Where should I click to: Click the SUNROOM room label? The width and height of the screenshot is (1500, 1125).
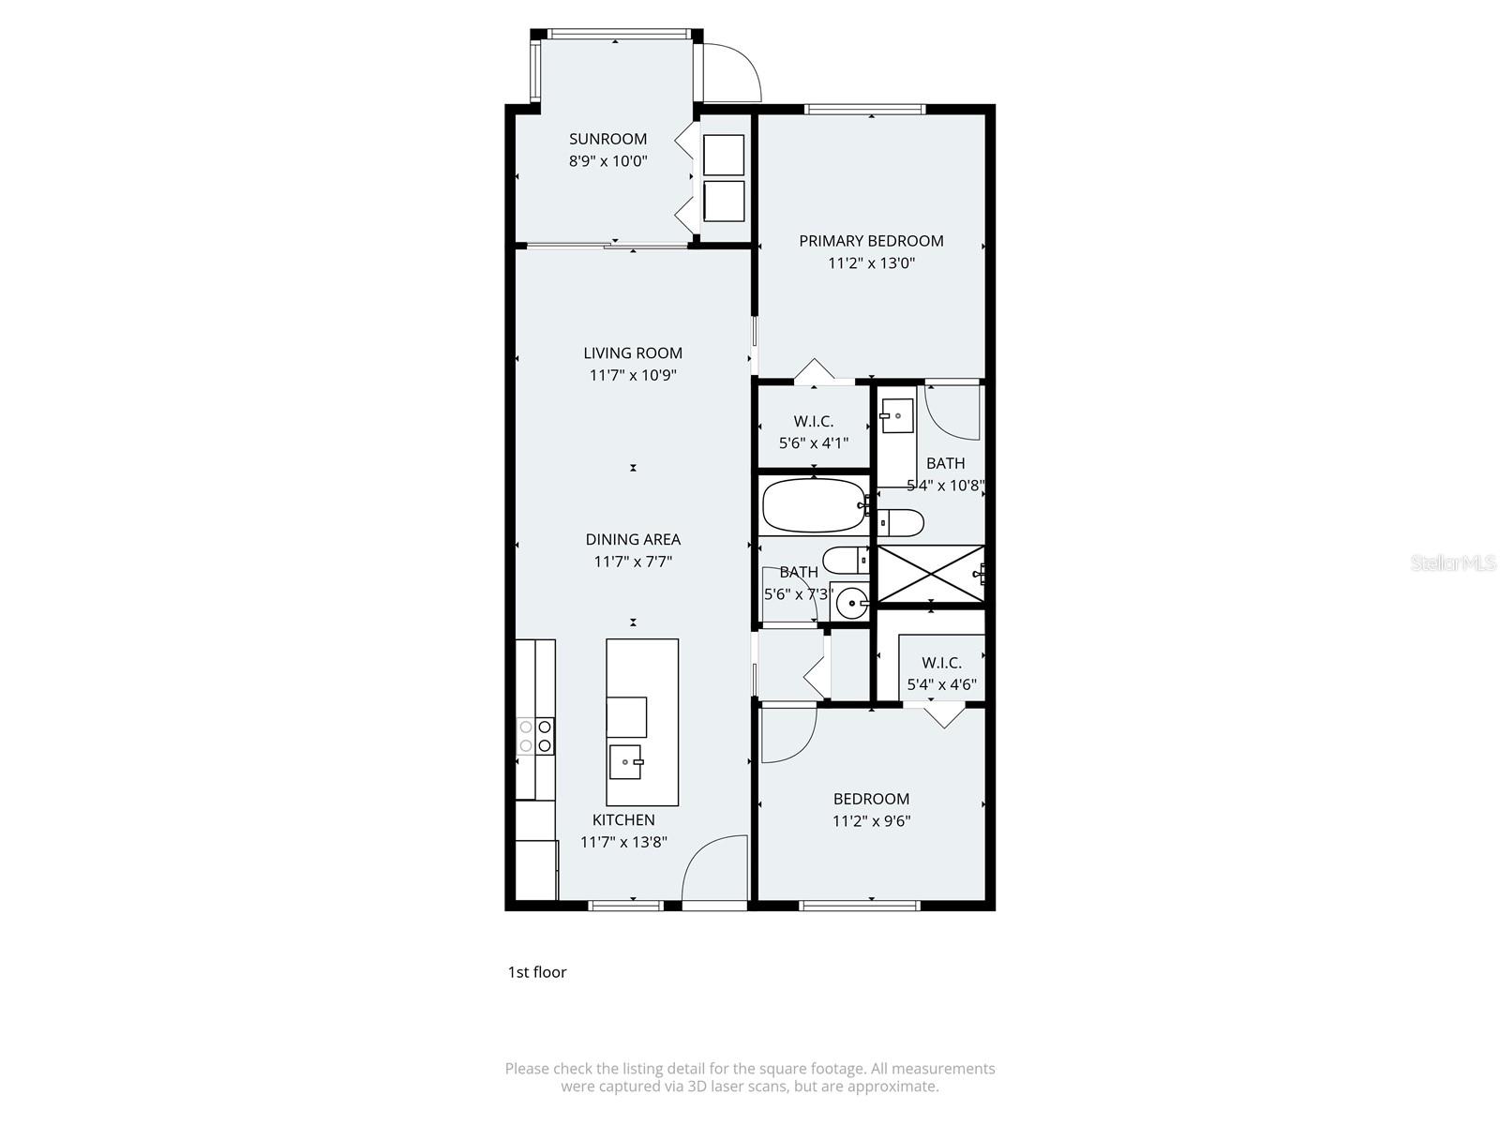(607, 139)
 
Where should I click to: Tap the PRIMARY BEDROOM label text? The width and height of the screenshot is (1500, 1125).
(871, 241)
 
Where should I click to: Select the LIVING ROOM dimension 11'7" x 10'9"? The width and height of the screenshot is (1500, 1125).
(633, 375)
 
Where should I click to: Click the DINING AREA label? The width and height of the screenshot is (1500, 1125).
(633, 539)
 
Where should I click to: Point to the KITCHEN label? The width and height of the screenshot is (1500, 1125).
(623, 819)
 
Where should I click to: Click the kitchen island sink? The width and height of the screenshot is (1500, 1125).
(625, 761)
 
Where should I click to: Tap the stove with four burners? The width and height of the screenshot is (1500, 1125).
(535, 736)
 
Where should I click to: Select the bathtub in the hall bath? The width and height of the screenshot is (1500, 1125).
(813, 506)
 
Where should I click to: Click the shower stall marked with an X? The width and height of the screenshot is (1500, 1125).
(930, 573)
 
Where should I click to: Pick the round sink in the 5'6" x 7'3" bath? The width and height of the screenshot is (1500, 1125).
(851, 603)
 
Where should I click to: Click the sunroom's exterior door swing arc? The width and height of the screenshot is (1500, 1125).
(732, 73)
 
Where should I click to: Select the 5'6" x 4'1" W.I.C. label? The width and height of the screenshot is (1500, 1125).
(813, 422)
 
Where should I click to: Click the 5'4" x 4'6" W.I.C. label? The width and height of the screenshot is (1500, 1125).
(941, 663)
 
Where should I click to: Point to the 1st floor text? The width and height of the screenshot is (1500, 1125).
(537, 972)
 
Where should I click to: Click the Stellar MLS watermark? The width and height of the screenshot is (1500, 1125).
(1452, 563)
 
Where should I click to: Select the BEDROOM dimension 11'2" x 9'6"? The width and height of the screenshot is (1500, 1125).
(871, 821)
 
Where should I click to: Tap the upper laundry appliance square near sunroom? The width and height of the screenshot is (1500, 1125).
(723, 155)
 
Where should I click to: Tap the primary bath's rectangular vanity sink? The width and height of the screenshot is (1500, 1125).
(897, 414)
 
